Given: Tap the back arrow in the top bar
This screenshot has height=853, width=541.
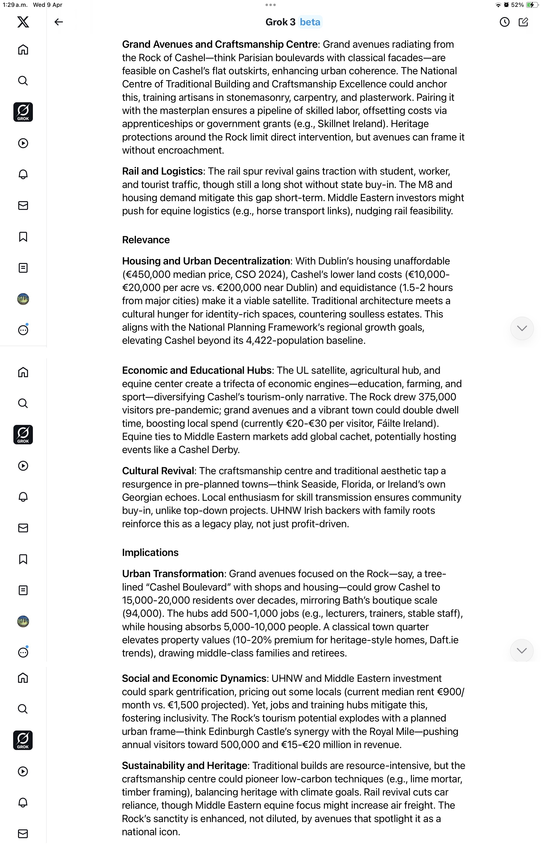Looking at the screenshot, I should point(58,22).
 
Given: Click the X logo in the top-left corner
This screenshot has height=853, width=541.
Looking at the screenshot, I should point(23,22).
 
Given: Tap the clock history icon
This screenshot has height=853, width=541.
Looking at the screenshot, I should point(504,22).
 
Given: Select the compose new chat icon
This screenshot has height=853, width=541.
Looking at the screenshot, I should point(523,22).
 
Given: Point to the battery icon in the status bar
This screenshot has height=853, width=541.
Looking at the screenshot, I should point(531,5).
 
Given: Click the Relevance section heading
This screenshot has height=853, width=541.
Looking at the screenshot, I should point(146,240).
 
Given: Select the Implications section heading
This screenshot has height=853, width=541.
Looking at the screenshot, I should point(150,553).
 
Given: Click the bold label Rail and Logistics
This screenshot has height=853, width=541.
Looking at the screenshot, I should point(162,171).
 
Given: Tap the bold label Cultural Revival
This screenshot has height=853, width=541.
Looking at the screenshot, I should point(158,471).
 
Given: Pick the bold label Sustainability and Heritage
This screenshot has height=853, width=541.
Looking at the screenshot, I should point(184,766).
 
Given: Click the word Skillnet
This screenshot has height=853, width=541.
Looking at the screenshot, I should point(333,124).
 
